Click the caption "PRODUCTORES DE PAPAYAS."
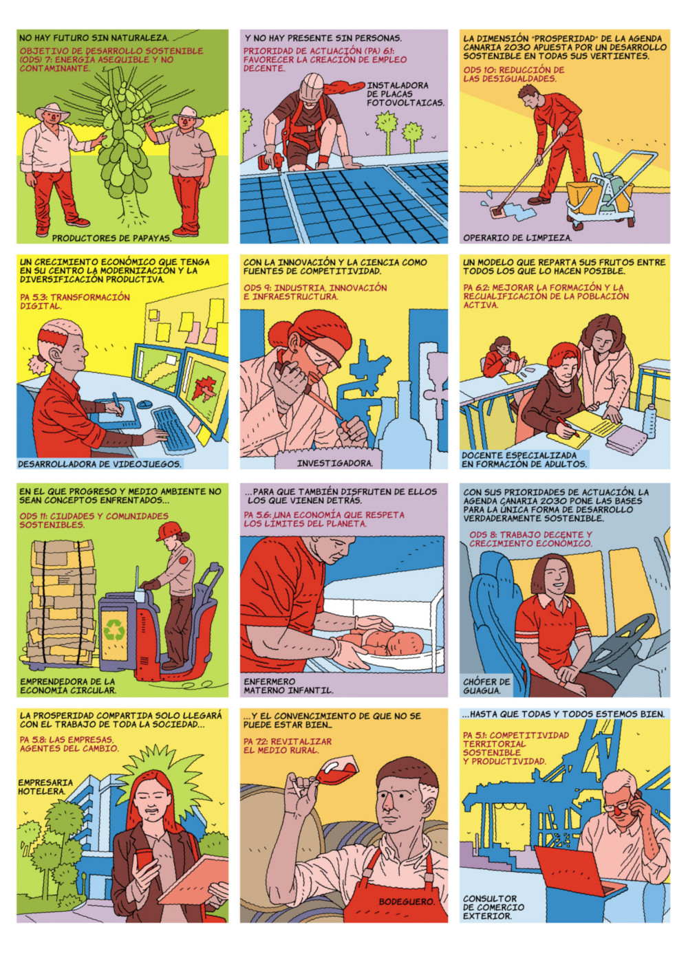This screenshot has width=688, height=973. coord(111,238)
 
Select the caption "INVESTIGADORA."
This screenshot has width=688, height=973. coord(334,463)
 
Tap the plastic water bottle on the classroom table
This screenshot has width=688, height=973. coord(651,420)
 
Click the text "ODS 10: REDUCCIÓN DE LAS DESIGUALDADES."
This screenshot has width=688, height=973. coord(513,74)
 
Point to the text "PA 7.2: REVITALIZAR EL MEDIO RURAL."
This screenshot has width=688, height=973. coord(288,746)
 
